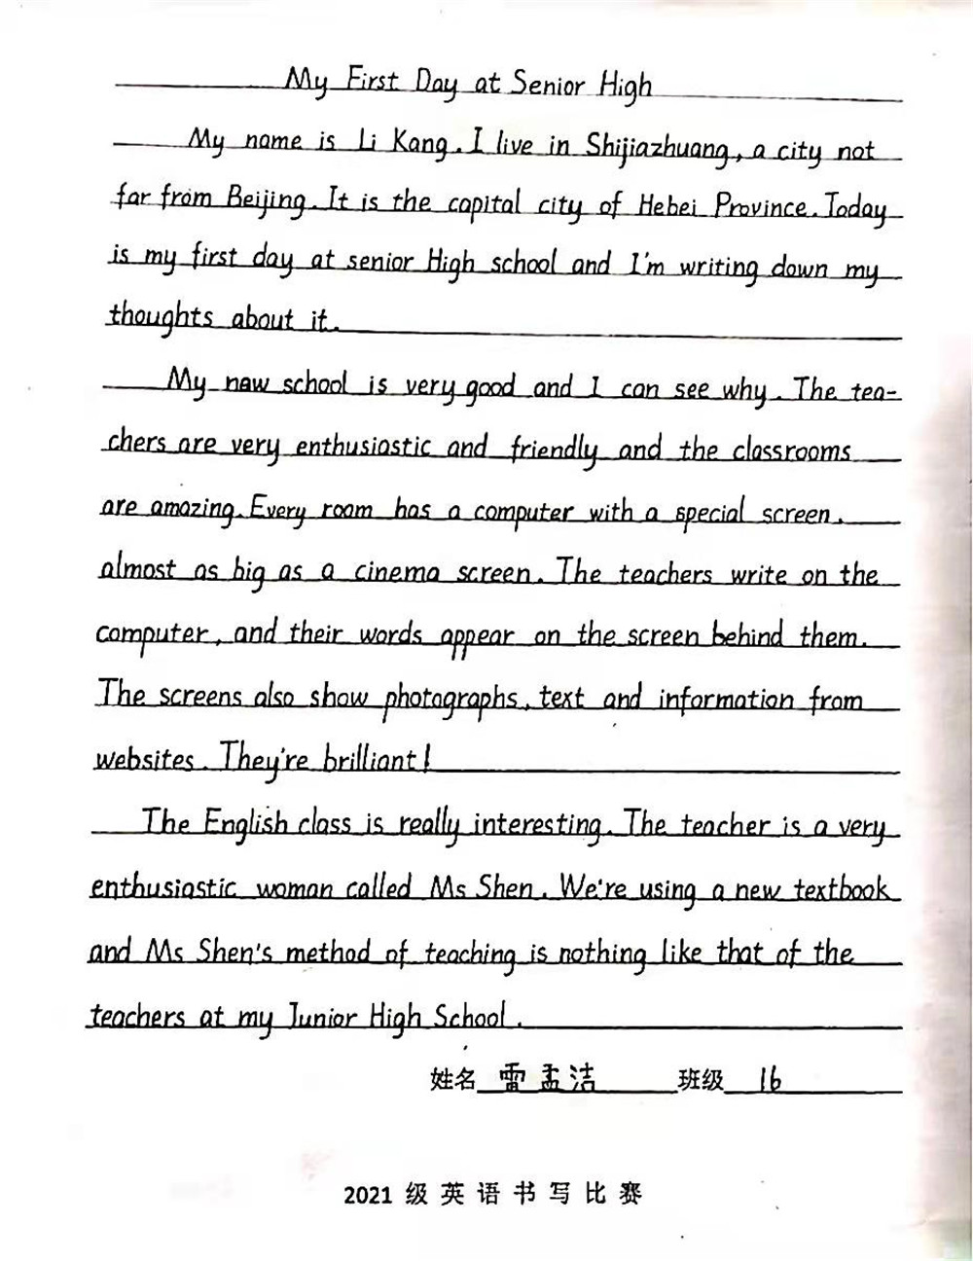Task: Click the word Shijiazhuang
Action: click(657, 148)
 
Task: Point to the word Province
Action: click(763, 206)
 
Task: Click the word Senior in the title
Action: click(548, 85)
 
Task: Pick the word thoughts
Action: click(162, 317)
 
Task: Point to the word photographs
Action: click(450, 699)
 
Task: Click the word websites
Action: click(145, 759)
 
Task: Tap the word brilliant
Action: click(371, 759)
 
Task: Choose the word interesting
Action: click(537, 825)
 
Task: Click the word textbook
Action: click(841, 888)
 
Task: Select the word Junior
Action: click(309, 1017)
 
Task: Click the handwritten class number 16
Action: click(769, 1078)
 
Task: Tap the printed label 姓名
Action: click(452, 1079)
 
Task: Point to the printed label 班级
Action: click(701, 1080)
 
